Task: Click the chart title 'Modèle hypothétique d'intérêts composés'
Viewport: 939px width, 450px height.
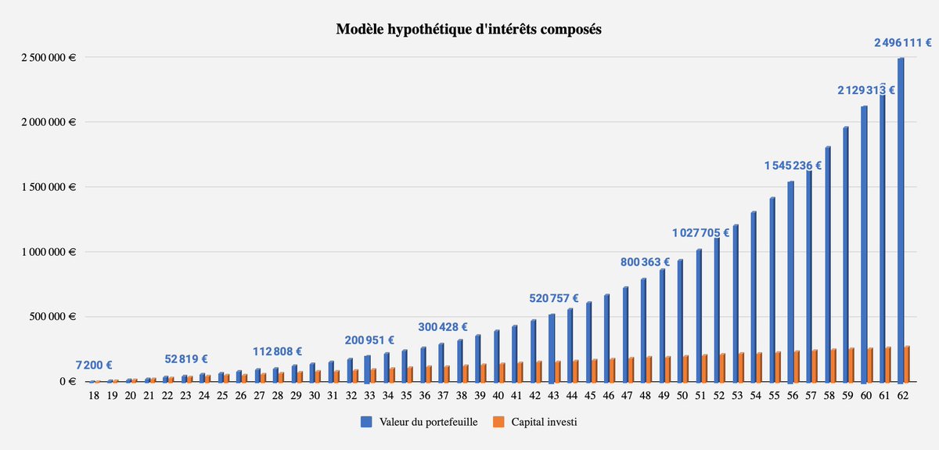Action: click(x=469, y=30)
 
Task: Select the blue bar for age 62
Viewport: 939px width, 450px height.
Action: click(x=901, y=219)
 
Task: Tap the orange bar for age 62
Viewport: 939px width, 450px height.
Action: click(x=907, y=364)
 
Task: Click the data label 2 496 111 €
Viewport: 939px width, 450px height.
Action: click(x=904, y=43)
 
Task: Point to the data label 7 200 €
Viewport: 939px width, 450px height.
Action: click(x=94, y=365)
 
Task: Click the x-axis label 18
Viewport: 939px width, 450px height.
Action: click(x=93, y=397)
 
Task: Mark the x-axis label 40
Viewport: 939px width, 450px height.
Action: click(x=498, y=397)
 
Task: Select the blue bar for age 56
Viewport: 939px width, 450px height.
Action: click(x=790, y=282)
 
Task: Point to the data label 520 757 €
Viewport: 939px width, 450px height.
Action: click(x=554, y=298)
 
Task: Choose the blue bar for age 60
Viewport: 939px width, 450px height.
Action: click(x=864, y=243)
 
